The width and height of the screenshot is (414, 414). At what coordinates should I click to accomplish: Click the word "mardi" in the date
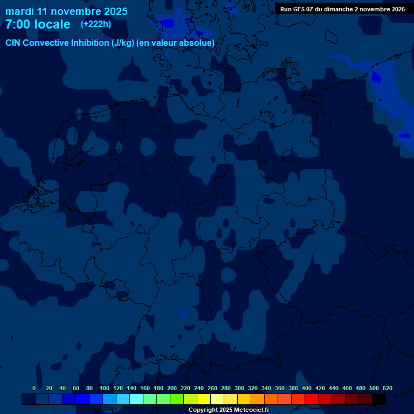tap(21, 11)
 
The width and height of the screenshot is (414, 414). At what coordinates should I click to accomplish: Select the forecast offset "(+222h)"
tap(96, 24)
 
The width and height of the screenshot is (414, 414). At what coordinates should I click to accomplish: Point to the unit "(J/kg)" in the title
tap(123, 43)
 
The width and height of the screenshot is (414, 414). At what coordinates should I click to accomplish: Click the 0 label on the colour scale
tap(34, 388)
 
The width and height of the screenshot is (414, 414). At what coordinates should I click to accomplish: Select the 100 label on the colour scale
tap(105, 388)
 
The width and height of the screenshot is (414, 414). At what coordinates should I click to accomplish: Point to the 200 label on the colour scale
tap(172, 388)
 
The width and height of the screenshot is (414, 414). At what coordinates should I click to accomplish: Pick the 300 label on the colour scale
tap(239, 388)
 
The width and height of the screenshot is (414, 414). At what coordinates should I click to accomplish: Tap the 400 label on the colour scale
tap(307, 388)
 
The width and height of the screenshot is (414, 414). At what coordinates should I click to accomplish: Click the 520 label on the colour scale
tap(387, 388)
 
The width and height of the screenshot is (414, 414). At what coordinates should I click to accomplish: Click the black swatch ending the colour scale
tap(379, 399)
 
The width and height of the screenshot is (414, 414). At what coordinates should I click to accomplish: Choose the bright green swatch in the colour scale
tap(177, 399)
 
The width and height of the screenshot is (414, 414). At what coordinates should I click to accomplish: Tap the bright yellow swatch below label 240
tap(204, 399)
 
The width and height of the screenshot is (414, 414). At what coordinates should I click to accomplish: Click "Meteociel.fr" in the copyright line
tap(252, 410)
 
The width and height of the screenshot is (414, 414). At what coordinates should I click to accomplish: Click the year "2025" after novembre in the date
tap(112, 11)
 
